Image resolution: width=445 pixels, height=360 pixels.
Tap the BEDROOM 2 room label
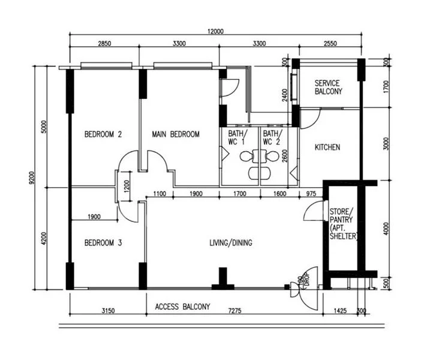[103, 134]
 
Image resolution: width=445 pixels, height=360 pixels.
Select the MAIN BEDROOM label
[175, 134]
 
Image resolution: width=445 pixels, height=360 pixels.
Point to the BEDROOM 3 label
[103, 243]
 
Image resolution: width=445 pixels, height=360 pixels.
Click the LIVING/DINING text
[230, 243]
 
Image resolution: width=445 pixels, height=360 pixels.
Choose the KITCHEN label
[327, 147]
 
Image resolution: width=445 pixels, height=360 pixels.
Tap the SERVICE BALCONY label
[328, 88]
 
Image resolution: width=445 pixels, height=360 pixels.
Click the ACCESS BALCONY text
[182, 307]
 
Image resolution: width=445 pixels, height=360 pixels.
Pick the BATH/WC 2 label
[271, 137]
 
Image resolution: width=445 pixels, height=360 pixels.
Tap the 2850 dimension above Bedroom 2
[104, 44]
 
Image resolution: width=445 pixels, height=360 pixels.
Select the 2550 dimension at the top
[338, 44]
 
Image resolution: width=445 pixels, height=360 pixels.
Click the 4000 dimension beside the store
[386, 229]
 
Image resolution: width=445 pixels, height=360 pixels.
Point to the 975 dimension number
[311, 193]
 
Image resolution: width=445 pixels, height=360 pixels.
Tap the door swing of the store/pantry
[313, 211]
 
